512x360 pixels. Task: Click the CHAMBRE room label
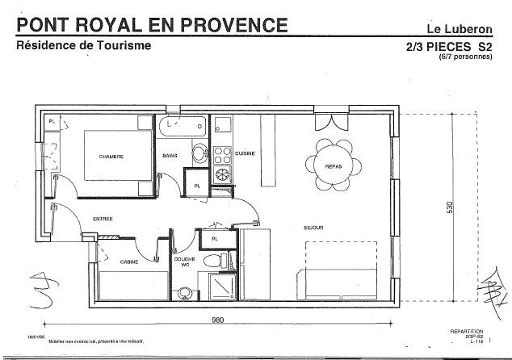111,157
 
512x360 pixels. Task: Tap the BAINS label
170,156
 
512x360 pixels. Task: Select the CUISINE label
246,153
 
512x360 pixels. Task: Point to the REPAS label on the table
334,166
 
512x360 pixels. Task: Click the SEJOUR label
313,228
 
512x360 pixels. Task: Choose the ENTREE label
103,219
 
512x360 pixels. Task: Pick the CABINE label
128,262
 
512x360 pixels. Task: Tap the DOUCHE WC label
184,262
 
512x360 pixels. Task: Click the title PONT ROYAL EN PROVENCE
152,25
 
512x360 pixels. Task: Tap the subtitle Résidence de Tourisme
84,46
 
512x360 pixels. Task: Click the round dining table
334,165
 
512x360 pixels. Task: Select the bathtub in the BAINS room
182,125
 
